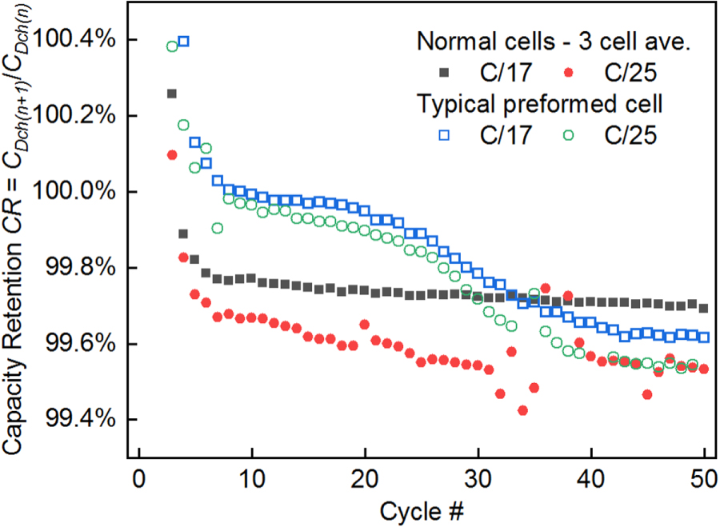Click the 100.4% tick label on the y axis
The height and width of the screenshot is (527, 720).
click(74, 40)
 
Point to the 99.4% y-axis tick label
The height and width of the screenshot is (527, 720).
click(80, 419)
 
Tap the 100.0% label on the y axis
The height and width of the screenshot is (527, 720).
click(74, 191)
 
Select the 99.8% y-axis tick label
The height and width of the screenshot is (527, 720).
click(80, 268)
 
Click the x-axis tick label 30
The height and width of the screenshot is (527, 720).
click(478, 479)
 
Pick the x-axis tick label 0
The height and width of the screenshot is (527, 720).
click(138, 479)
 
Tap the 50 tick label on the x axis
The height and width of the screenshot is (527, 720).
click(704, 479)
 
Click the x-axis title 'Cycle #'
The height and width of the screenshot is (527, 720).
click(422, 511)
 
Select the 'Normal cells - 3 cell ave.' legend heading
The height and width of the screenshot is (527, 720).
click(554, 42)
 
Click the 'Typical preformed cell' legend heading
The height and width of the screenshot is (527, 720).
click(539, 104)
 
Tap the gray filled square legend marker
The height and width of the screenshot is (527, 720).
click(444, 73)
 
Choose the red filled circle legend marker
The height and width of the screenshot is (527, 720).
click(569, 73)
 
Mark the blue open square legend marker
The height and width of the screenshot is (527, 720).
click(444, 135)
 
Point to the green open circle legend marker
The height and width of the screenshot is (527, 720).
click(569, 135)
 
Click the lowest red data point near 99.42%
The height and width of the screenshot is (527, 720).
click(522, 410)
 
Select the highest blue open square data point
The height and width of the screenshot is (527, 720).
click(183, 42)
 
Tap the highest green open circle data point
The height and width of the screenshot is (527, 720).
click(172, 46)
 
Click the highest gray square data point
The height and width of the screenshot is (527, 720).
click(172, 94)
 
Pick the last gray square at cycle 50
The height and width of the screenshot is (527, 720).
click(703, 308)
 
